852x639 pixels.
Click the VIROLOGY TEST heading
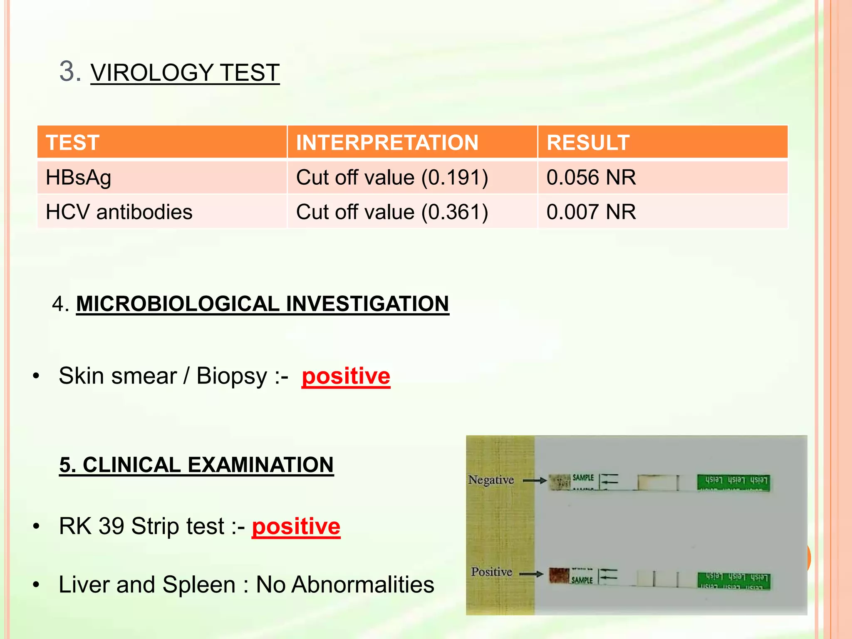tap(185, 72)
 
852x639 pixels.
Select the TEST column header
tap(73, 143)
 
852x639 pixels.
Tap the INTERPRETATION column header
tap(387, 143)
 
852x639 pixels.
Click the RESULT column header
tap(587, 143)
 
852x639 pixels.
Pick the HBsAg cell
tap(79, 178)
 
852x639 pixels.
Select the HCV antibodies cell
tap(119, 212)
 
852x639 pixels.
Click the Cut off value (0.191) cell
tap(392, 178)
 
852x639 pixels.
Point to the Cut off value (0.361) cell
tap(392, 212)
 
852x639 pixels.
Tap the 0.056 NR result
tap(591, 178)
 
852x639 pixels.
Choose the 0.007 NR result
tap(591, 212)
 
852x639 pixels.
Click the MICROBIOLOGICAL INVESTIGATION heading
tap(262, 304)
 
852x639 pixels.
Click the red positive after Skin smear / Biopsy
tap(346, 376)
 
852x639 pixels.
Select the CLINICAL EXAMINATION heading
tap(196, 465)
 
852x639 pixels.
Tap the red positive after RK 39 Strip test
tap(296, 526)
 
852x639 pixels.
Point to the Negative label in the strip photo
tap(491, 480)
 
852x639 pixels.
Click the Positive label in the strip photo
tap(491, 572)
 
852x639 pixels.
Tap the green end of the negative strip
tap(733, 482)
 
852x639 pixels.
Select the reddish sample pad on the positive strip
tap(559, 575)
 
